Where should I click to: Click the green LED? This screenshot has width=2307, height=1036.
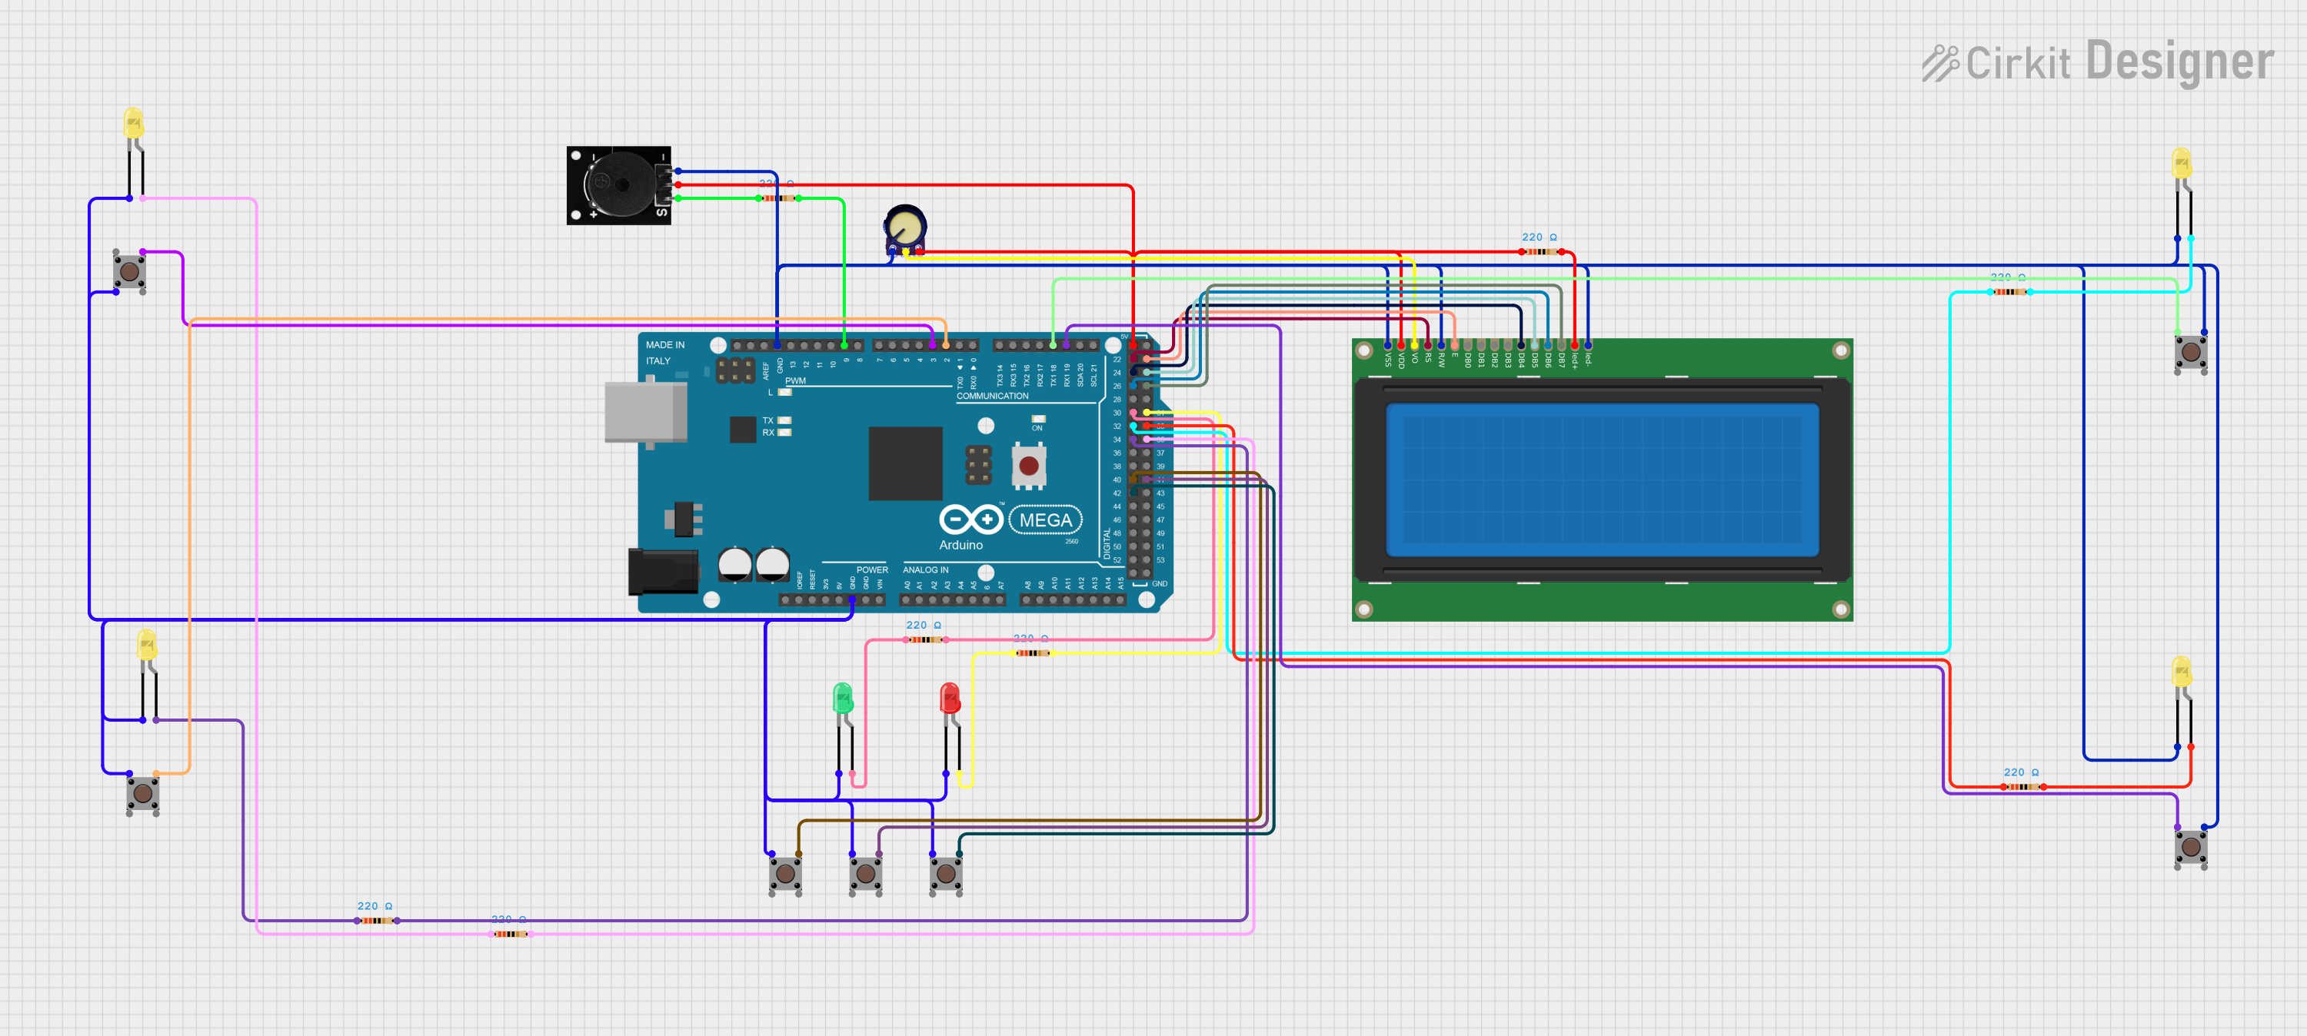(x=843, y=699)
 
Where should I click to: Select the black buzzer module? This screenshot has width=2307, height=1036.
(x=618, y=185)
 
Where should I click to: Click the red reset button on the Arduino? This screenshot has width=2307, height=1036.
(x=1029, y=466)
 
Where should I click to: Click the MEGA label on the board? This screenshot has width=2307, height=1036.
(x=1045, y=520)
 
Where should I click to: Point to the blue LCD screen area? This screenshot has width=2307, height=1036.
(x=1602, y=479)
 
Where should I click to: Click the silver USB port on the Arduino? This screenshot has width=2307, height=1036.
(x=645, y=412)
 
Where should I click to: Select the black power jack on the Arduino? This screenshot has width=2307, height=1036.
(x=663, y=572)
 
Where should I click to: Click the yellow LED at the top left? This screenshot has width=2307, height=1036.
(x=134, y=123)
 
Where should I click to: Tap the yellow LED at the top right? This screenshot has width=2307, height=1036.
(x=2182, y=164)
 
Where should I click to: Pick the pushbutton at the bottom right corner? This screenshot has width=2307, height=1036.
(x=2191, y=846)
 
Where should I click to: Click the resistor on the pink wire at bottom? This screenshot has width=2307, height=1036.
(x=511, y=934)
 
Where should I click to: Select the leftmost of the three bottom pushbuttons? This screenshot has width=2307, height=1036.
(x=785, y=873)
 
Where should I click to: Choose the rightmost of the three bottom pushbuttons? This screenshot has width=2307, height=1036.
(x=946, y=873)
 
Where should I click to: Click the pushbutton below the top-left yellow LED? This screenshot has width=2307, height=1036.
(x=130, y=271)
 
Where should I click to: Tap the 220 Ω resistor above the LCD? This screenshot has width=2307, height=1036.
(x=1541, y=251)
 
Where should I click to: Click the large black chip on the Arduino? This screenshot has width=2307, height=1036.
(x=904, y=463)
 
